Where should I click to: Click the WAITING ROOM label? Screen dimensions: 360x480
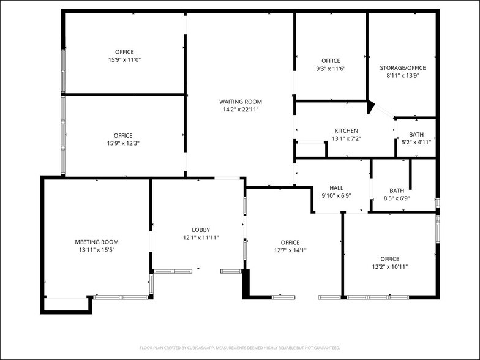click(x=241, y=102)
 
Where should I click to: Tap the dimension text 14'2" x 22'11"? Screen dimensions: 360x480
click(x=241, y=110)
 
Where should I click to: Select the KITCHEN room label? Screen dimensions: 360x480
click(x=346, y=130)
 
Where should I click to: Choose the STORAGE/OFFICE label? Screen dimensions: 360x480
click(x=402, y=68)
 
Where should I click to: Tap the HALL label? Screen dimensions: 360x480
click(x=336, y=188)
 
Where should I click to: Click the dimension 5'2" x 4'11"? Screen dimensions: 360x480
click(x=416, y=142)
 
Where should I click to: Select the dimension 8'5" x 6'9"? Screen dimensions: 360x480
click(x=396, y=198)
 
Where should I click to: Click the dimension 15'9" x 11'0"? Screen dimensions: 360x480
click(x=124, y=60)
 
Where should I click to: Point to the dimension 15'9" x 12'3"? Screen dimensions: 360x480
click(x=122, y=143)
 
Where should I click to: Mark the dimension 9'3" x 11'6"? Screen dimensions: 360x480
click(x=331, y=69)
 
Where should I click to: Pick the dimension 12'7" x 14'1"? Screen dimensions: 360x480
click(x=290, y=250)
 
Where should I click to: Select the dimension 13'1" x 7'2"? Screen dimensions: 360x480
click(x=346, y=138)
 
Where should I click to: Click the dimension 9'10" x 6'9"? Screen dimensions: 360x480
click(x=336, y=196)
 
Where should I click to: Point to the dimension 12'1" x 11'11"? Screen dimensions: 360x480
click(x=201, y=238)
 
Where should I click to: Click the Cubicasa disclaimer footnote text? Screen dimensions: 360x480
click(x=240, y=348)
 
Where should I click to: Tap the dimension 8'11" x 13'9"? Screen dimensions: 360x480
click(x=402, y=76)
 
